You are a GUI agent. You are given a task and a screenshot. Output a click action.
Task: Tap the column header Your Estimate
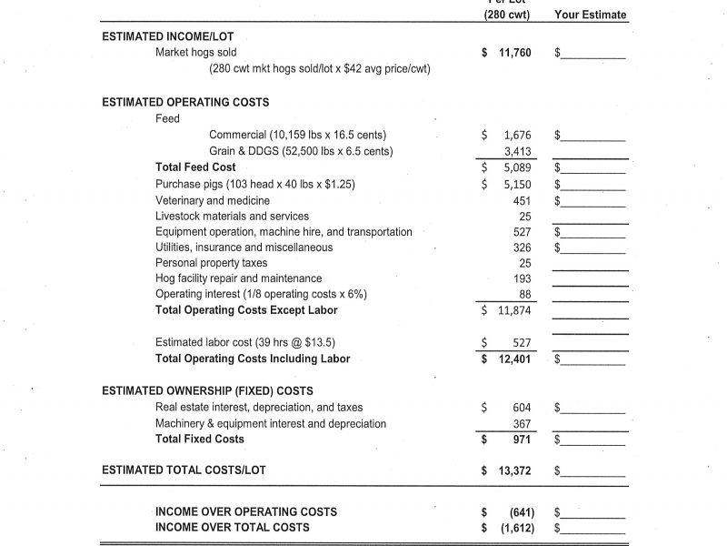590,15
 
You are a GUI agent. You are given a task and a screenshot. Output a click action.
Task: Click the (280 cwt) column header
506,15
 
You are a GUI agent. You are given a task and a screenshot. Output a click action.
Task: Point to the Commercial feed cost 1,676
516,135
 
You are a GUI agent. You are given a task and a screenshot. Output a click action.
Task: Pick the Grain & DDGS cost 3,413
516,151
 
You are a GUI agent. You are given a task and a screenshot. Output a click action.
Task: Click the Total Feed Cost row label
195,167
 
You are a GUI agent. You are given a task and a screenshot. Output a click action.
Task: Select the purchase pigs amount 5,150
516,184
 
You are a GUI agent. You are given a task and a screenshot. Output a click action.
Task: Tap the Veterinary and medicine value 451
522,200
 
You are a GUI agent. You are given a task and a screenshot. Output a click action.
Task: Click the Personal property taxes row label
211,263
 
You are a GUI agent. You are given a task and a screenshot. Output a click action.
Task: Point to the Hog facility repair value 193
522,278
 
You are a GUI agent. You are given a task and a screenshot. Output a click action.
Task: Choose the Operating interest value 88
524,294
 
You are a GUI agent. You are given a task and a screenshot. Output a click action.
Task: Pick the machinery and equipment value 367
522,423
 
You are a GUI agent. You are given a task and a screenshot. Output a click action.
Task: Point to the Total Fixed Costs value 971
522,440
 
